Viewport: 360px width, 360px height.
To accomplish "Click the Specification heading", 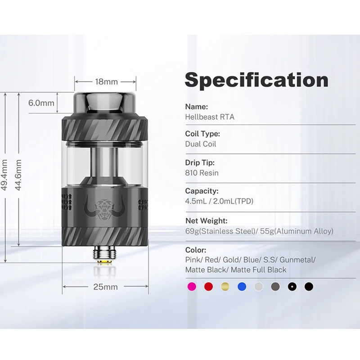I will (256, 80).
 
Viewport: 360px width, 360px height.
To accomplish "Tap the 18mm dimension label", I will (106, 82).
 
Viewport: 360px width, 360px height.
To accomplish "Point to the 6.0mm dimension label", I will (41, 103).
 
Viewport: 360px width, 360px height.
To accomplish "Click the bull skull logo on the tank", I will (105, 207).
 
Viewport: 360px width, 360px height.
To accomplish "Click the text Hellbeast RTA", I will (210, 117).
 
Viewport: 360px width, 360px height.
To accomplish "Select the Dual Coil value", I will (201, 144).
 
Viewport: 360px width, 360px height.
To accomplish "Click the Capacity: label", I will (202, 191).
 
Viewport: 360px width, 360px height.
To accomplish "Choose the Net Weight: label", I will (207, 221).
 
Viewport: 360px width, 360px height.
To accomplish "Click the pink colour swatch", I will (191, 286).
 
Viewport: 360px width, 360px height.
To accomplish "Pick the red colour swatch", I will (208, 286).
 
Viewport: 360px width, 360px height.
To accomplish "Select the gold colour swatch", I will (225, 286).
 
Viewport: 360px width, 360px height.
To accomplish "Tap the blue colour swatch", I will (242, 286).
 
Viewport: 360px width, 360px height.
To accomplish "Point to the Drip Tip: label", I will (200, 163).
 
